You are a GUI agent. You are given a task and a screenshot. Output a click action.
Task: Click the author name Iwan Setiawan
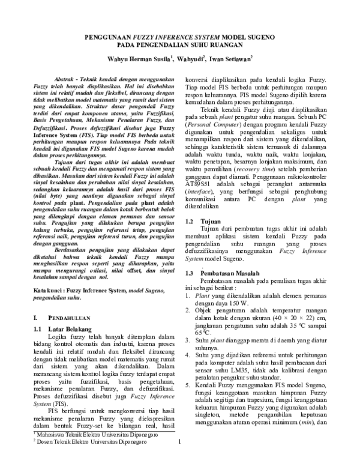click(x=230, y=59)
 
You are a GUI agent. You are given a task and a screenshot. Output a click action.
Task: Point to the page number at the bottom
click(x=180, y=458)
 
